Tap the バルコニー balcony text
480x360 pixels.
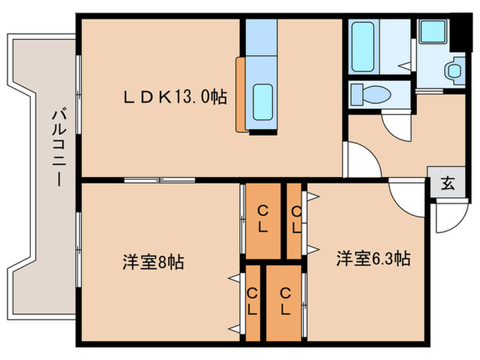tap(58, 148)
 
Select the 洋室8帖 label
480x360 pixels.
tap(153, 262)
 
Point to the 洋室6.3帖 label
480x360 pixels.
tap(373, 259)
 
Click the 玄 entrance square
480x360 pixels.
tap(446, 183)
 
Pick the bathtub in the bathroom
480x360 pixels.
tap(363, 46)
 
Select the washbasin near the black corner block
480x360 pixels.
tap(455, 71)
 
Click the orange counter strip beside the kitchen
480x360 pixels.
tap(240, 94)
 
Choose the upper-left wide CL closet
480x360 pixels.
tap(263, 219)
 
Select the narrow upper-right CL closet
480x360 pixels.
tap(296, 219)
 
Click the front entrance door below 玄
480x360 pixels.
tap(444, 218)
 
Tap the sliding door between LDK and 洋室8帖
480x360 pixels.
tap(160, 180)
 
